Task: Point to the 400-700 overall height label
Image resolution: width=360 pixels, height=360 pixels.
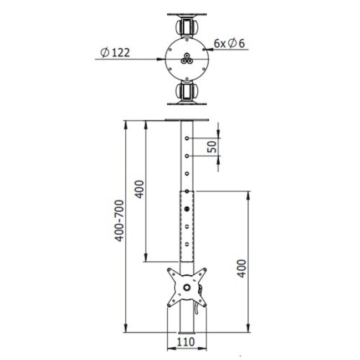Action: [x=118, y=224]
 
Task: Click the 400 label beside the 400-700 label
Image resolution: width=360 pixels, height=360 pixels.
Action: [x=139, y=190]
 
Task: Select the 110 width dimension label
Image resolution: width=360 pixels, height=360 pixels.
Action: [x=186, y=342]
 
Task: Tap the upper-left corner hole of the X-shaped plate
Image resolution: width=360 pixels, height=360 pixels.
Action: [x=171, y=271]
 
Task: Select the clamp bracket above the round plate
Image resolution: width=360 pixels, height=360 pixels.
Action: [x=187, y=25]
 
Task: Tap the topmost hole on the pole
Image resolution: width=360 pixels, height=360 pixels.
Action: [x=187, y=138]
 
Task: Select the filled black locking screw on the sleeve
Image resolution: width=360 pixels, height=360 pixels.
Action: [x=187, y=209]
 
